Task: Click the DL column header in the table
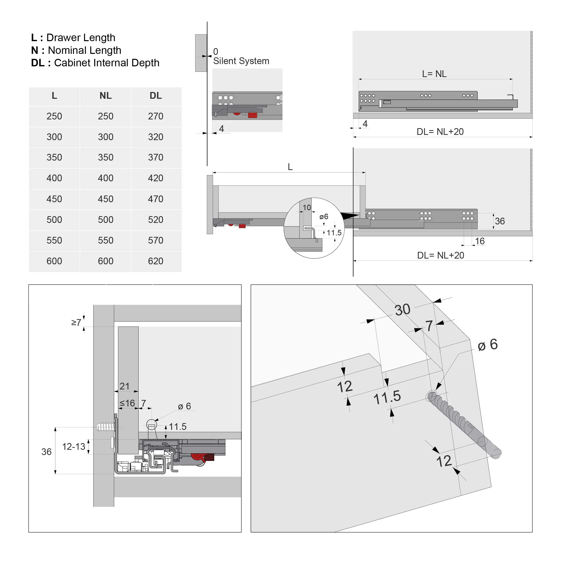tap(156, 95)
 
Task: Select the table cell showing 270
tap(156, 116)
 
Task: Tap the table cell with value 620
tap(156, 261)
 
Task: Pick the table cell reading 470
tap(156, 199)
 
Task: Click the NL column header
tap(105, 95)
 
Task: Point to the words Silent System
tap(241, 61)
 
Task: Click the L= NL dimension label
tap(434, 74)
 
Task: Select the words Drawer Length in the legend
tap(81, 37)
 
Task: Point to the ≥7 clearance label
tap(76, 322)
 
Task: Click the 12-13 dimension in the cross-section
tap(74, 446)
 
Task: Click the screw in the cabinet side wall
tap(106, 427)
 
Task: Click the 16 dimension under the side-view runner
tap(480, 241)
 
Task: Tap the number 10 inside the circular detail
tap(307, 208)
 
